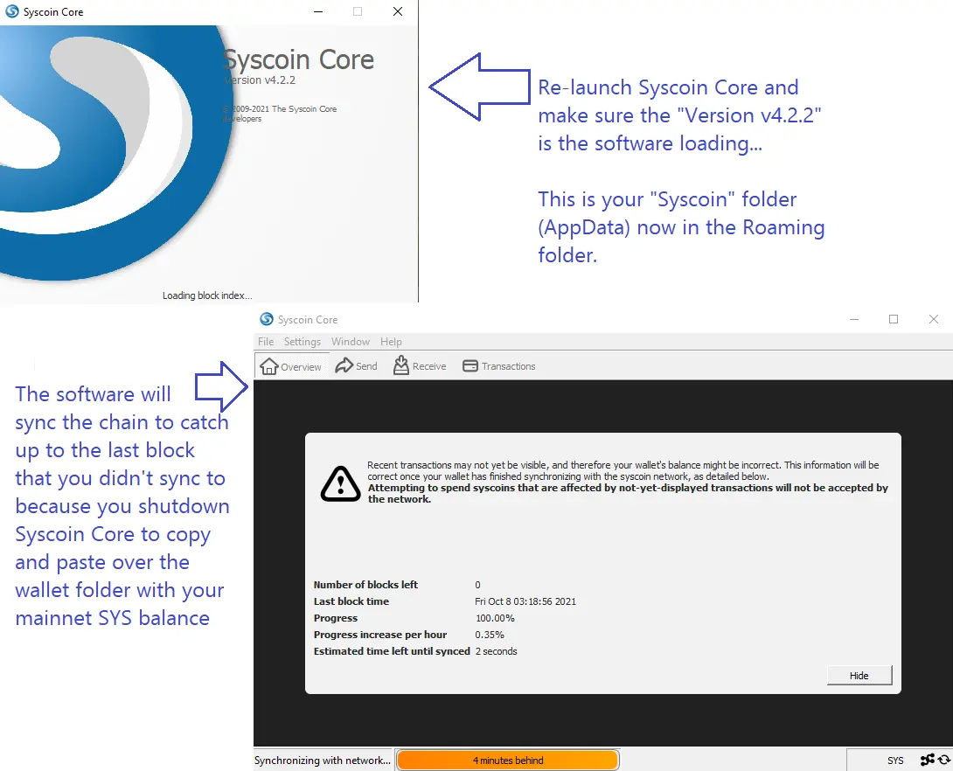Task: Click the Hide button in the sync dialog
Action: pos(859,675)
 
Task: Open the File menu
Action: pos(266,342)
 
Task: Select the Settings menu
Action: pos(302,342)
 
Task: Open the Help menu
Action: pos(391,342)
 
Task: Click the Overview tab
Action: pos(291,366)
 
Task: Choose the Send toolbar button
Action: pos(356,365)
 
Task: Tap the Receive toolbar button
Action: pos(420,365)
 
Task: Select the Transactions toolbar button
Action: pos(499,365)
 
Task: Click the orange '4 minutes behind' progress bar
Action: pos(508,760)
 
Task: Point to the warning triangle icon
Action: pos(340,483)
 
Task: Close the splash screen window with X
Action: pos(398,11)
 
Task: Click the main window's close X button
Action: pos(934,319)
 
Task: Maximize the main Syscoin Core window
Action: pos(894,319)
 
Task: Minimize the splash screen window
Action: pos(318,11)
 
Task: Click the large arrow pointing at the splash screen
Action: pos(480,87)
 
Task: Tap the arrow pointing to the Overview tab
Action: pos(221,386)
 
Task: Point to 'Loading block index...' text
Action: pos(207,295)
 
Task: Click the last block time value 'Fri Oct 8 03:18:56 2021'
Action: pos(525,601)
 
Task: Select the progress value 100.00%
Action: pos(495,618)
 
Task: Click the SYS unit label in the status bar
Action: pos(895,760)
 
